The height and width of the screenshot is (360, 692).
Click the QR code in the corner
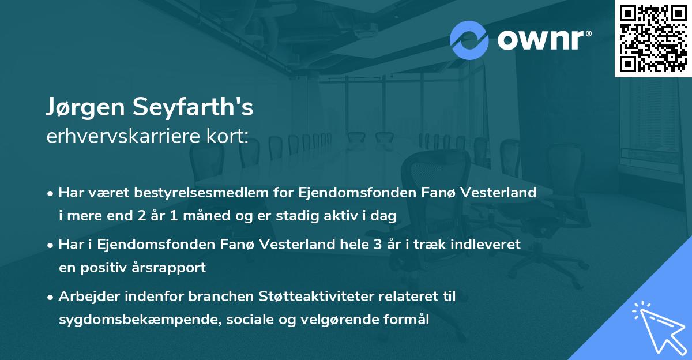coord(653,38)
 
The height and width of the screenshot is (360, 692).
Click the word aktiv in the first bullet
coord(343,216)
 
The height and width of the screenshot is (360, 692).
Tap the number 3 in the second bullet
coord(378,244)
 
